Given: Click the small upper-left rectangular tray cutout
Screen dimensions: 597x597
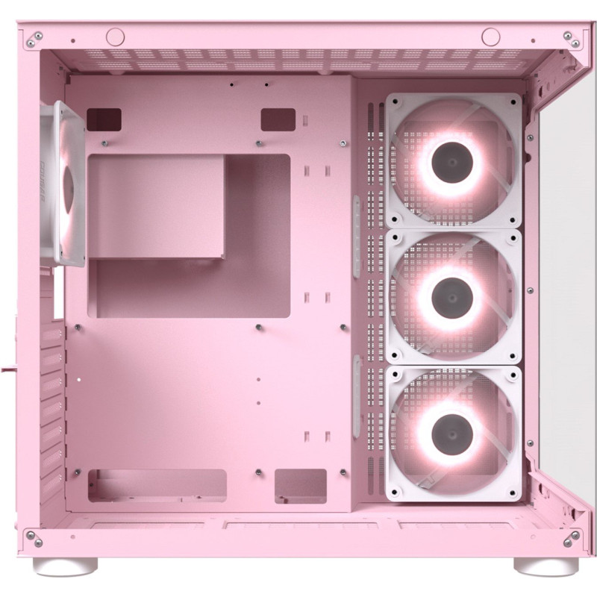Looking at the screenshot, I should pyautogui.click(x=104, y=119).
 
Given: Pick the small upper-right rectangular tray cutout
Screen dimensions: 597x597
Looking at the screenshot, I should pyautogui.click(x=278, y=119).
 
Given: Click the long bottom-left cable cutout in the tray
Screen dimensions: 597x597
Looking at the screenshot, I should pyautogui.click(x=157, y=485).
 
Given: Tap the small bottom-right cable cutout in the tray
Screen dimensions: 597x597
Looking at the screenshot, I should pyautogui.click(x=300, y=485).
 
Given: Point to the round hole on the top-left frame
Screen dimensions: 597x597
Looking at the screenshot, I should pyautogui.click(x=114, y=35).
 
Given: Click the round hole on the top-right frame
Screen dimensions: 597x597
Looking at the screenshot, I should pyautogui.click(x=490, y=35).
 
